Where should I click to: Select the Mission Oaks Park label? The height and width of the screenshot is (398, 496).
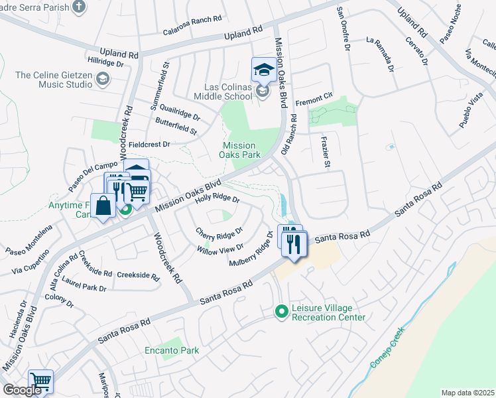click(x=239, y=151)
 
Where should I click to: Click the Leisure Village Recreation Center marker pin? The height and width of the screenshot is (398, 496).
click(x=282, y=310)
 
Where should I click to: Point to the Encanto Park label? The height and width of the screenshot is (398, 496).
click(x=172, y=350)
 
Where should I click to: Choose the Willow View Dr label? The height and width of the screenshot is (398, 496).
click(x=221, y=249)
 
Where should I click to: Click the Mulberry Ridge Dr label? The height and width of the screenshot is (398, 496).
click(x=251, y=249)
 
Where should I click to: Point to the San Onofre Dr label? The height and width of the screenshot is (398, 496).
click(x=343, y=29)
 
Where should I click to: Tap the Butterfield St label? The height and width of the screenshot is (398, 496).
click(x=176, y=126)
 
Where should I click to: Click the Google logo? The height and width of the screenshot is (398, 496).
click(x=22, y=389)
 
